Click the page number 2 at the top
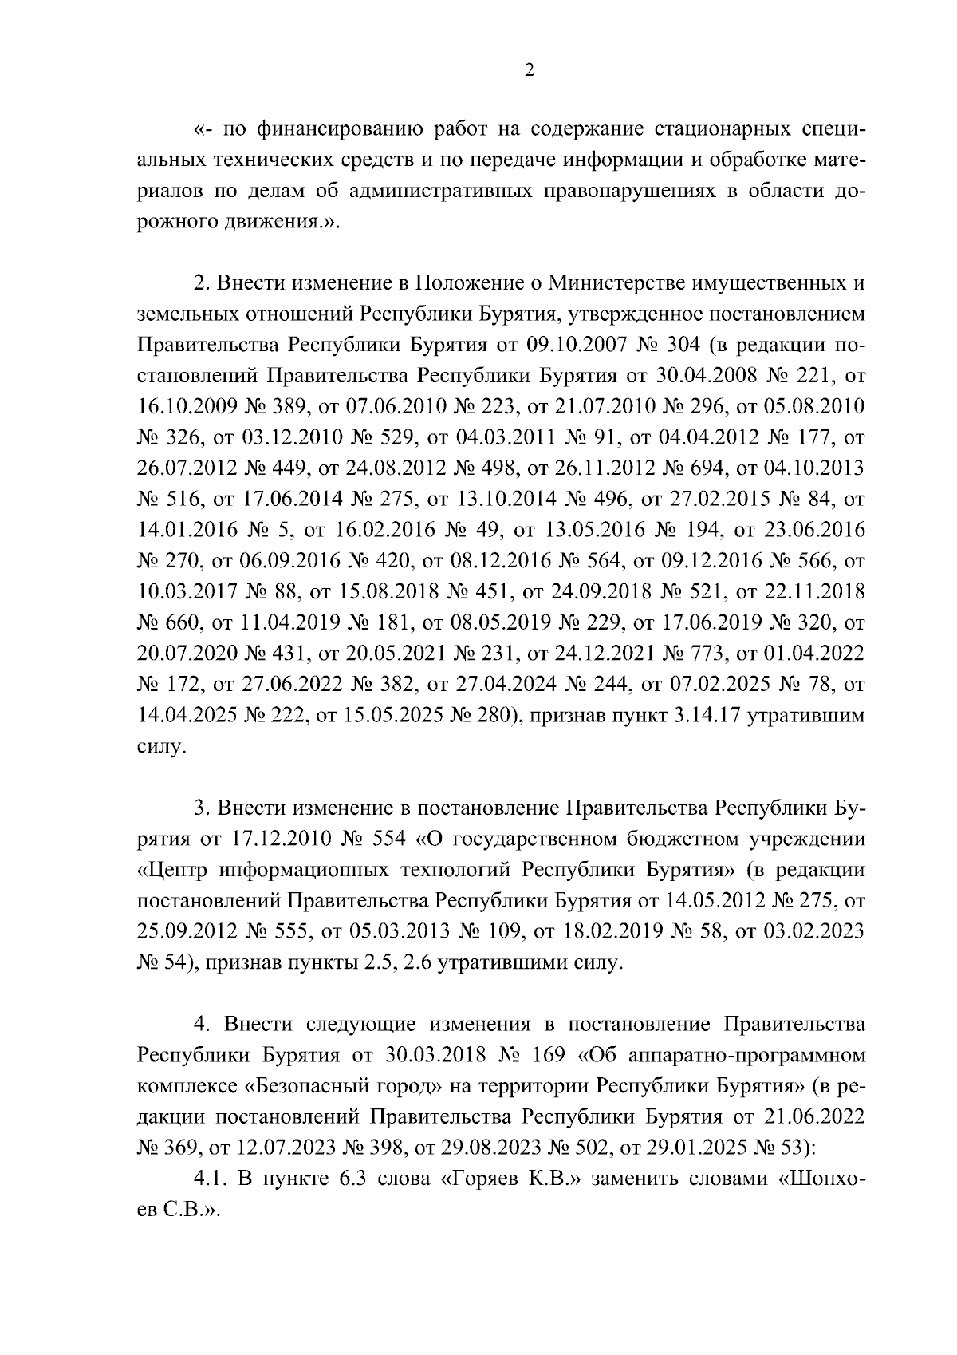527,70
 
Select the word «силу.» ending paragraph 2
162,748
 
